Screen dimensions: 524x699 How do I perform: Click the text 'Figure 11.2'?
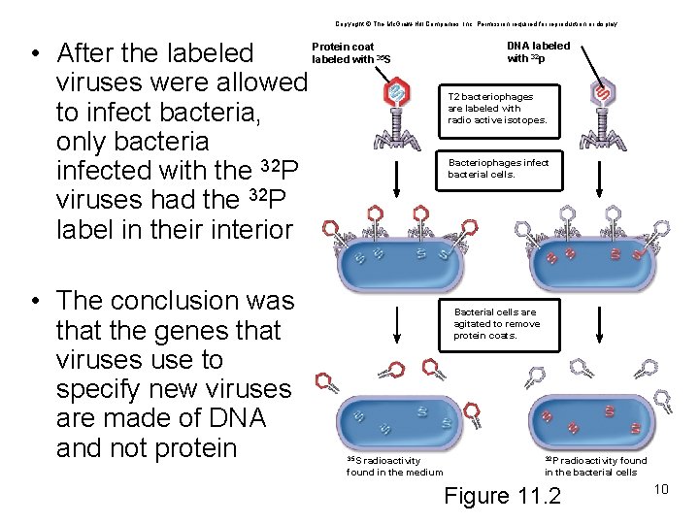[x=502, y=496]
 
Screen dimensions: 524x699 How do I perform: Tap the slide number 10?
[x=662, y=488]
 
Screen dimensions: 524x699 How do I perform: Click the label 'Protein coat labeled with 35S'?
[x=350, y=53]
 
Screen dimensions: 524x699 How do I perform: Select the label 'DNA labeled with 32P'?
[x=539, y=52]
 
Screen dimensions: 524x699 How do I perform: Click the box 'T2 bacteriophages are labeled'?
[x=498, y=109]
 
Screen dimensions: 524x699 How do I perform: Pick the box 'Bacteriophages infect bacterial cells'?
[x=498, y=169]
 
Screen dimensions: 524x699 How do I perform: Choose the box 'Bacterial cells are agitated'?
[x=497, y=324]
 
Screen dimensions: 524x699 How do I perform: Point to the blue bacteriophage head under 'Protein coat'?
[x=397, y=92]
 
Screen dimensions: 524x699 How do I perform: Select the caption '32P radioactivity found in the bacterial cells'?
[x=594, y=467]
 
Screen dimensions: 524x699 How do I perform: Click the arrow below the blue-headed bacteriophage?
[x=398, y=180]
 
